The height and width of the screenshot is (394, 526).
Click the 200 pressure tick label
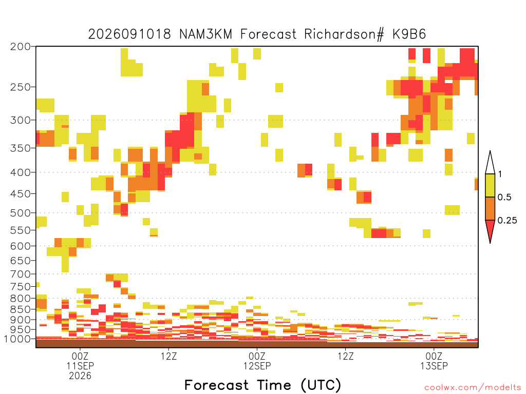(21, 47)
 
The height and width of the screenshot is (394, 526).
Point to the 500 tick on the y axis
(21, 213)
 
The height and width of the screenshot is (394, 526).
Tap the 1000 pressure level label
(17, 339)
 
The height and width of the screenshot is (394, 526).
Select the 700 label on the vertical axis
(21, 274)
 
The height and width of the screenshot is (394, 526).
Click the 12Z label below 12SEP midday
(346, 356)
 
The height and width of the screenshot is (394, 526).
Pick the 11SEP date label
(80, 366)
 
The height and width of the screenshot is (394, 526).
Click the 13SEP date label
(434, 366)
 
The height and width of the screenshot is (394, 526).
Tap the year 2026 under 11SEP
(80, 376)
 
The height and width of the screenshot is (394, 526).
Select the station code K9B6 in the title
(409, 34)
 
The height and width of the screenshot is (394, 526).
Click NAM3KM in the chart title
(205, 34)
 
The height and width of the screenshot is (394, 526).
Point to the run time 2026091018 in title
(129, 34)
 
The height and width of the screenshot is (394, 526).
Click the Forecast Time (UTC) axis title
(262, 385)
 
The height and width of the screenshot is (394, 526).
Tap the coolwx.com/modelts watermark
(473, 388)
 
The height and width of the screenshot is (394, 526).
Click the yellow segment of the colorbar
(490, 185)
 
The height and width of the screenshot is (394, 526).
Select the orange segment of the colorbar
(490, 208)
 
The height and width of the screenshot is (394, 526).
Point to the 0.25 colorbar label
(507, 221)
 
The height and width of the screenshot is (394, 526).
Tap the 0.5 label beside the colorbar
(504, 198)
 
